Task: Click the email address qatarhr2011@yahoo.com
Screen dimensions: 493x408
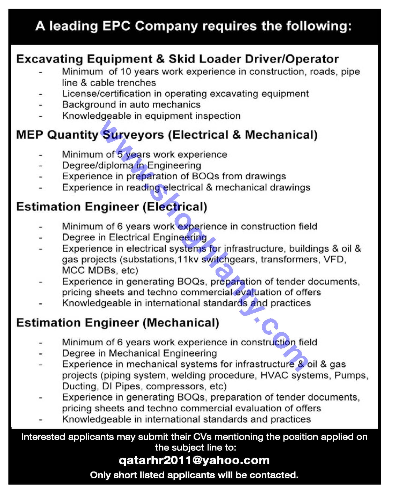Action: [194, 460]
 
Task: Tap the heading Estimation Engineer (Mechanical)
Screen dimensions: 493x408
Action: [118, 323]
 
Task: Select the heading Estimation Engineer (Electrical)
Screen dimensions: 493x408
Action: [112, 207]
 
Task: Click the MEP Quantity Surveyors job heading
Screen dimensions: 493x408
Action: [167, 135]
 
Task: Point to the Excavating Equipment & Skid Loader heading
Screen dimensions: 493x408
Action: [177, 59]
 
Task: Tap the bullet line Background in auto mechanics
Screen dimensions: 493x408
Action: [131, 104]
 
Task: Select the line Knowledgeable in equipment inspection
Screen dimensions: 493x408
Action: [151, 116]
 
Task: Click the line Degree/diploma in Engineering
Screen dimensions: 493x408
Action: [131, 165]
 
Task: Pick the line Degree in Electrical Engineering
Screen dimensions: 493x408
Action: [134, 237]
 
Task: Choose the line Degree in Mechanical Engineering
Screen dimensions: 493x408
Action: [139, 353]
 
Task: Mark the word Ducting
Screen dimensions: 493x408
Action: [79, 386]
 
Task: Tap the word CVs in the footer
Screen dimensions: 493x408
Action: [202, 437]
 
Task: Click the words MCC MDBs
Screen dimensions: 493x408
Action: [89, 270]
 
